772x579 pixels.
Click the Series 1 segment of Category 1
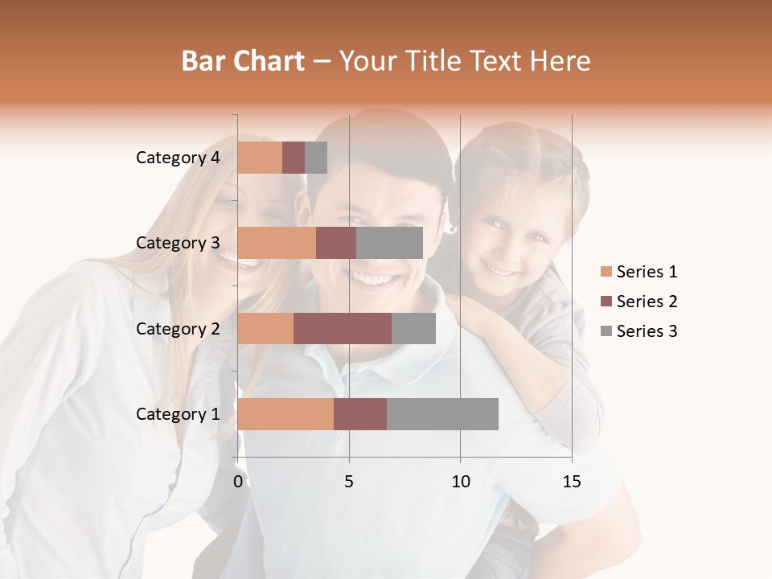click(285, 414)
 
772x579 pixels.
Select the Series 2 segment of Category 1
click(360, 414)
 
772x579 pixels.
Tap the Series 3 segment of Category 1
click(442, 414)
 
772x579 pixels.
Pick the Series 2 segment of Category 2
click(343, 328)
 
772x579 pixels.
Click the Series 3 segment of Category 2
click(413, 328)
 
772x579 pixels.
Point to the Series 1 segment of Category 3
click(277, 243)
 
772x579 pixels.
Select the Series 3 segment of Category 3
click(389, 243)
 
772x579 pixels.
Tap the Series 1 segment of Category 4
click(260, 158)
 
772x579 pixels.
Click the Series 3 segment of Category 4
click(316, 158)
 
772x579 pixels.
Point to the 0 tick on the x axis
click(238, 482)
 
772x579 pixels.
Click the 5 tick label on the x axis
click(349, 482)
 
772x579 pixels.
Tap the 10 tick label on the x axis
click(460, 482)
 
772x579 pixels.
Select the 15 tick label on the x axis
click(571, 482)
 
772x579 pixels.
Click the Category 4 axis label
click(178, 158)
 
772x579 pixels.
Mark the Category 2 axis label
click(178, 329)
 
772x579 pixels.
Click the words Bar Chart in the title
click(243, 61)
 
